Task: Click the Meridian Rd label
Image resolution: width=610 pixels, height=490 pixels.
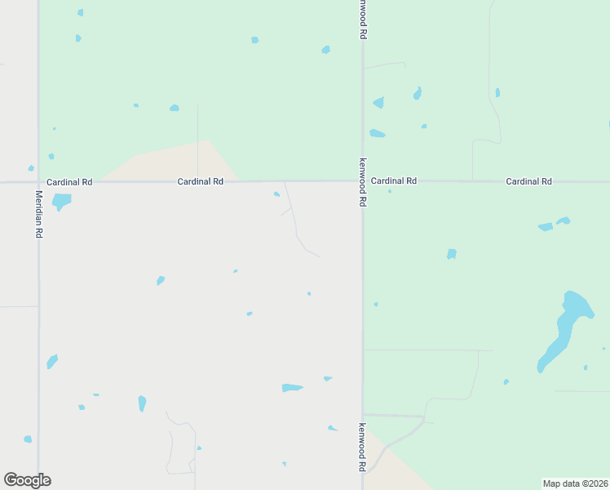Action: pyautogui.click(x=38, y=214)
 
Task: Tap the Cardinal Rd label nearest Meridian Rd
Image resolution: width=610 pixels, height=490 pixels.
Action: pyautogui.click(x=69, y=181)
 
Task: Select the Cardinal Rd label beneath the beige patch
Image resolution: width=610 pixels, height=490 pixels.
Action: pyautogui.click(x=201, y=181)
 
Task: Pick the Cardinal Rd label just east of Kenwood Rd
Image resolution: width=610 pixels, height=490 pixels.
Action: pyautogui.click(x=394, y=180)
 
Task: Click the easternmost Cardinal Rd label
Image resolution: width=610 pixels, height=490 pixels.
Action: pyautogui.click(x=528, y=180)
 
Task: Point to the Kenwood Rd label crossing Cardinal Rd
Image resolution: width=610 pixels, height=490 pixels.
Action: pyautogui.click(x=363, y=181)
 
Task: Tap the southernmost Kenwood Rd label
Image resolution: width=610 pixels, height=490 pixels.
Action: pyautogui.click(x=362, y=447)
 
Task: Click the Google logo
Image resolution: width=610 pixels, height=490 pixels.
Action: pyautogui.click(x=27, y=480)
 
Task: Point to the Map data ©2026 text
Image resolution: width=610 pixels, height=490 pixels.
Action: pyautogui.click(x=575, y=483)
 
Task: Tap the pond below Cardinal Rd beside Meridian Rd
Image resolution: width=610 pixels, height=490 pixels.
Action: pyautogui.click(x=61, y=200)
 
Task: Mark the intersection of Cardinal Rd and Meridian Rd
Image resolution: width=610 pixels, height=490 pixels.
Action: pyautogui.click(x=38, y=181)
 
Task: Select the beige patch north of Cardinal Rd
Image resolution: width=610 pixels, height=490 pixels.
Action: pyautogui.click(x=175, y=162)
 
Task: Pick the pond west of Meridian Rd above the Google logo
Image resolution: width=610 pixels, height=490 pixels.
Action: pyautogui.click(x=28, y=439)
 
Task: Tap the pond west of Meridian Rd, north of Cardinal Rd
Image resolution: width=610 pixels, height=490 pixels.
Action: pyautogui.click(x=31, y=168)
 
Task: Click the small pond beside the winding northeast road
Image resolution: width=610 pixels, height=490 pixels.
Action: pyautogui.click(x=497, y=92)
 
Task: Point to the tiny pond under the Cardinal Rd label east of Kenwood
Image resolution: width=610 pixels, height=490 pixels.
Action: pyautogui.click(x=390, y=191)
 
